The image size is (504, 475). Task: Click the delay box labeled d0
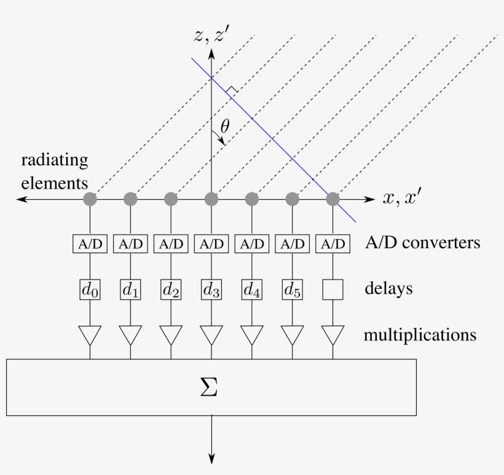pos(90,289)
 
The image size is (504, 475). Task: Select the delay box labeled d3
pos(211,289)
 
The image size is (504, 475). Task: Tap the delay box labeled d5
pos(293,289)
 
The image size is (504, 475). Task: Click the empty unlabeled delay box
pos(333,289)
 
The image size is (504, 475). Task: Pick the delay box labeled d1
pos(130,289)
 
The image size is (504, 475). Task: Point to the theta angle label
pos(225,127)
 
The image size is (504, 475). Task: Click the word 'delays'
pos(388,289)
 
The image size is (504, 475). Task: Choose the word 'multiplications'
pos(420,336)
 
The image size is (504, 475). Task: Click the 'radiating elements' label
pos(54,171)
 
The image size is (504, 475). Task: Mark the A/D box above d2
pos(171,243)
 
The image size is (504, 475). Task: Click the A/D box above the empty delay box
pos(333,243)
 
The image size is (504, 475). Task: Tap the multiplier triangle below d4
pos(252,335)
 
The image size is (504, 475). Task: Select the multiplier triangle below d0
pos(90,335)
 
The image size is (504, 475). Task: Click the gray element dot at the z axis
pos(211,199)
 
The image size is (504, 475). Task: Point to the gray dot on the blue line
pos(333,199)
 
